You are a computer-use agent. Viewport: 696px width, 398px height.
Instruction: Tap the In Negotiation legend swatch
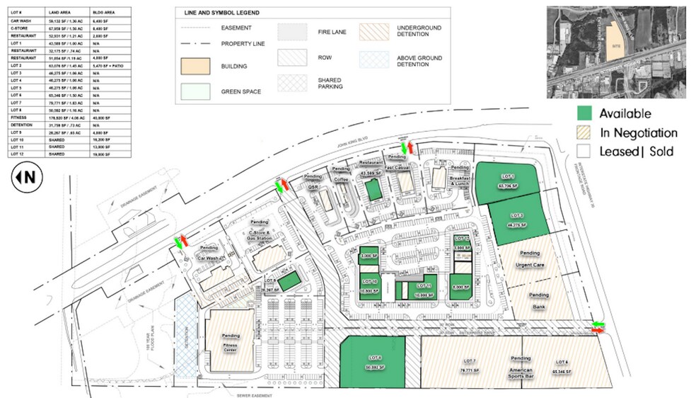tap(584, 132)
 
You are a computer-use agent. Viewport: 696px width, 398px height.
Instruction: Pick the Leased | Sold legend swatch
tap(584, 151)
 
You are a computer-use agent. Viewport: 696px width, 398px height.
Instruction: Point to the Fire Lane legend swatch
tap(291, 32)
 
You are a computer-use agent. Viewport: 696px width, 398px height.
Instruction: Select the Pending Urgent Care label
tap(529, 261)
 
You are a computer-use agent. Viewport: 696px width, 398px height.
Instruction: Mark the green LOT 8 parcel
tap(373, 363)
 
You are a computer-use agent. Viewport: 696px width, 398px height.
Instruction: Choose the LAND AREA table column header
tap(58, 13)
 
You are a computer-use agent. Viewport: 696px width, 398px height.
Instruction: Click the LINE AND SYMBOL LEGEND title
tap(221, 13)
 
